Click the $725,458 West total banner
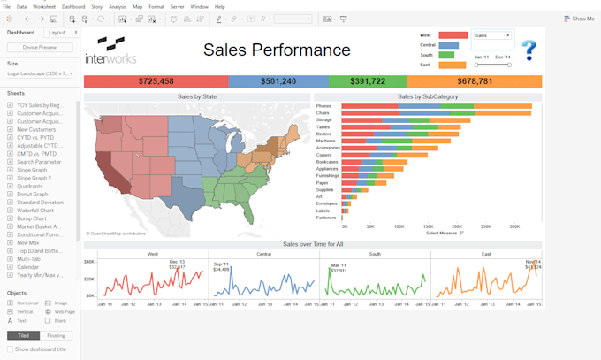[156, 81]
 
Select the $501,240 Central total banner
[278, 81]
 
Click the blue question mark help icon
[528, 50]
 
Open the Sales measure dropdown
[492, 36]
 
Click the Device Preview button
[40, 47]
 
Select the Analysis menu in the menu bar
[118, 6]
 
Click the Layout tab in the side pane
[57, 32]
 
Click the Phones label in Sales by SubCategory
[324, 106]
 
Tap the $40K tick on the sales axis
[89, 262]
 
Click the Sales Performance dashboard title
[277, 50]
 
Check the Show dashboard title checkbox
[11, 349]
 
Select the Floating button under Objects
[55, 335]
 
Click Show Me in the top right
[581, 19]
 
